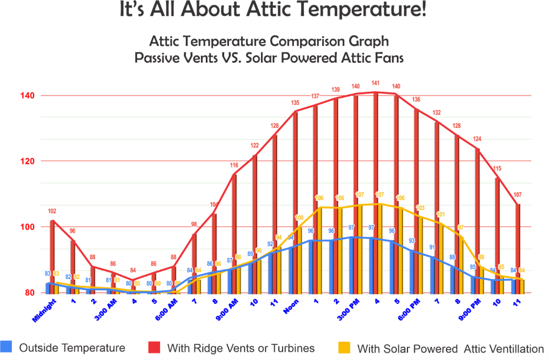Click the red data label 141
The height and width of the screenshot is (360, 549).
pos(376,83)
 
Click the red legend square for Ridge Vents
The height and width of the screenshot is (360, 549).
pos(155,348)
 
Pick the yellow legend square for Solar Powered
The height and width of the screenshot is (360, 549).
pos(345,348)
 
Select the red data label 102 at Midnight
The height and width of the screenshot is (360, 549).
pos(51,211)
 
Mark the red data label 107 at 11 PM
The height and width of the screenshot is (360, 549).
pos(518,194)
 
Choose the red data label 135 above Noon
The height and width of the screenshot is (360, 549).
pos(295,102)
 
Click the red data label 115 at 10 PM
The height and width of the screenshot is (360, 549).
pos(498,168)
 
